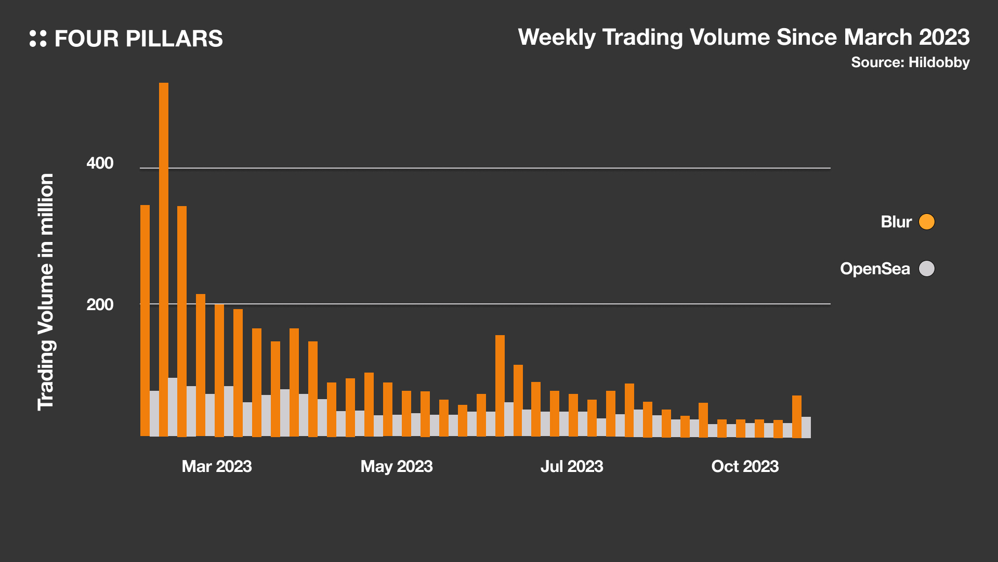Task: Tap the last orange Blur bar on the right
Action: click(796, 416)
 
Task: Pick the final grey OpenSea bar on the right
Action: click(806, 427)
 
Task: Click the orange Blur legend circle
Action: click(926, 222)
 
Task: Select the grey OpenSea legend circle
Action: click(926, 269)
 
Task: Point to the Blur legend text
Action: click(896, 222)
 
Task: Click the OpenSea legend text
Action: click(875, 269)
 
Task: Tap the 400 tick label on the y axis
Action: click(100, 163)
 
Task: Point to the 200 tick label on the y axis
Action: click(100, 304)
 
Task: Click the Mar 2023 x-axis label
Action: click(217, 466)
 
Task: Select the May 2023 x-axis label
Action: click(397, 466)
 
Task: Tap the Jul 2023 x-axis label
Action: click(572, 466)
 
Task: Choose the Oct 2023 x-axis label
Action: click(745, 466)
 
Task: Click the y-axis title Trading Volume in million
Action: click(46, 292)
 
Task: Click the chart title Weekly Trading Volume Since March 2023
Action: click(743, 37)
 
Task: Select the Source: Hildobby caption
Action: click(910, 62)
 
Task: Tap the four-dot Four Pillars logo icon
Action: click(38, 39)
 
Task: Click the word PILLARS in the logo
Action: click(174, 39)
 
